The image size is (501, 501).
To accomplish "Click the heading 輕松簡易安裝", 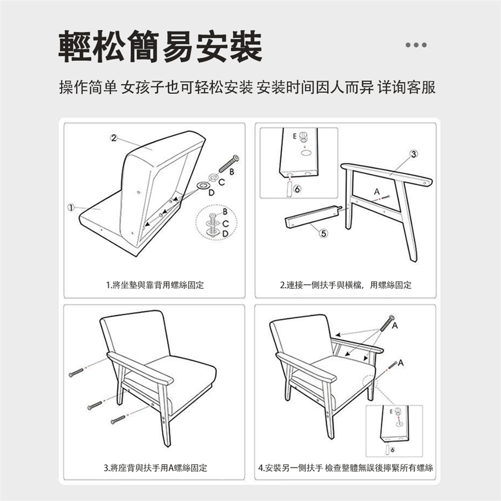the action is [160, 46].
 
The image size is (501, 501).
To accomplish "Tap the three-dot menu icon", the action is [416, 45].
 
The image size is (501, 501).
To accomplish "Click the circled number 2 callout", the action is [114, 138].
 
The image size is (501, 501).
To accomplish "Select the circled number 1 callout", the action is [70, 208].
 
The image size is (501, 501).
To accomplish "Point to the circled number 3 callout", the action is [414, 154].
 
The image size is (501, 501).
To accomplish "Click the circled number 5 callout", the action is [324, 234].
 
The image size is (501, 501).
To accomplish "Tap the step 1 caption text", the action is [154, 285].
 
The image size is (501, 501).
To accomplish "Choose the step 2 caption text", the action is [345, 285].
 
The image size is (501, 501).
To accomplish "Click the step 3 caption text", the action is [156, 468].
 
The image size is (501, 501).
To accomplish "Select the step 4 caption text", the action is [345, 468].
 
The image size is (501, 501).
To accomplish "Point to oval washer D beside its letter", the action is [202, 186].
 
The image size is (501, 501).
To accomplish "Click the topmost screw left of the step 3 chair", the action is [76, 373].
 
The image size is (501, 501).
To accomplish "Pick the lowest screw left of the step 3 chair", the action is [118, 420].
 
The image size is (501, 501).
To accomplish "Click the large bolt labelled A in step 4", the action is [387, 323].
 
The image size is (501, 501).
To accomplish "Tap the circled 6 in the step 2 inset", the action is [297, 189].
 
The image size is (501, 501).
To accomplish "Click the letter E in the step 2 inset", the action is [294, 136].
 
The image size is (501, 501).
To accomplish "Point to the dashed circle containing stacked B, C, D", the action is [216, 222].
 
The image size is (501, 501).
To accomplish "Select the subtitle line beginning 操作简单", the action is [247, 87].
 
